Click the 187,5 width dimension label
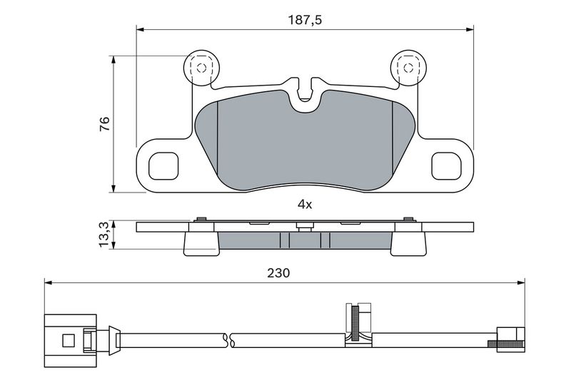pyautogui.click(x=305, y=20)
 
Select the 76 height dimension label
pyautogui.click(x=104, y=124)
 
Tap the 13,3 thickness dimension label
pyautogui.click(x=104, y=235)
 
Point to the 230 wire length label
pyautogui.click(x=278, y=272)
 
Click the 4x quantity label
pyautogui.click(x=305, y=205)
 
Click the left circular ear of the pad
pyautogui.click(x=201, y=68)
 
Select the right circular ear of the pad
pyautogui.click(x=408, y=68)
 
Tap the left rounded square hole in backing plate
pyautogui.click(x=163, y=166)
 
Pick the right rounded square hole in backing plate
pyautogui.click(x=447, y=166)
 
